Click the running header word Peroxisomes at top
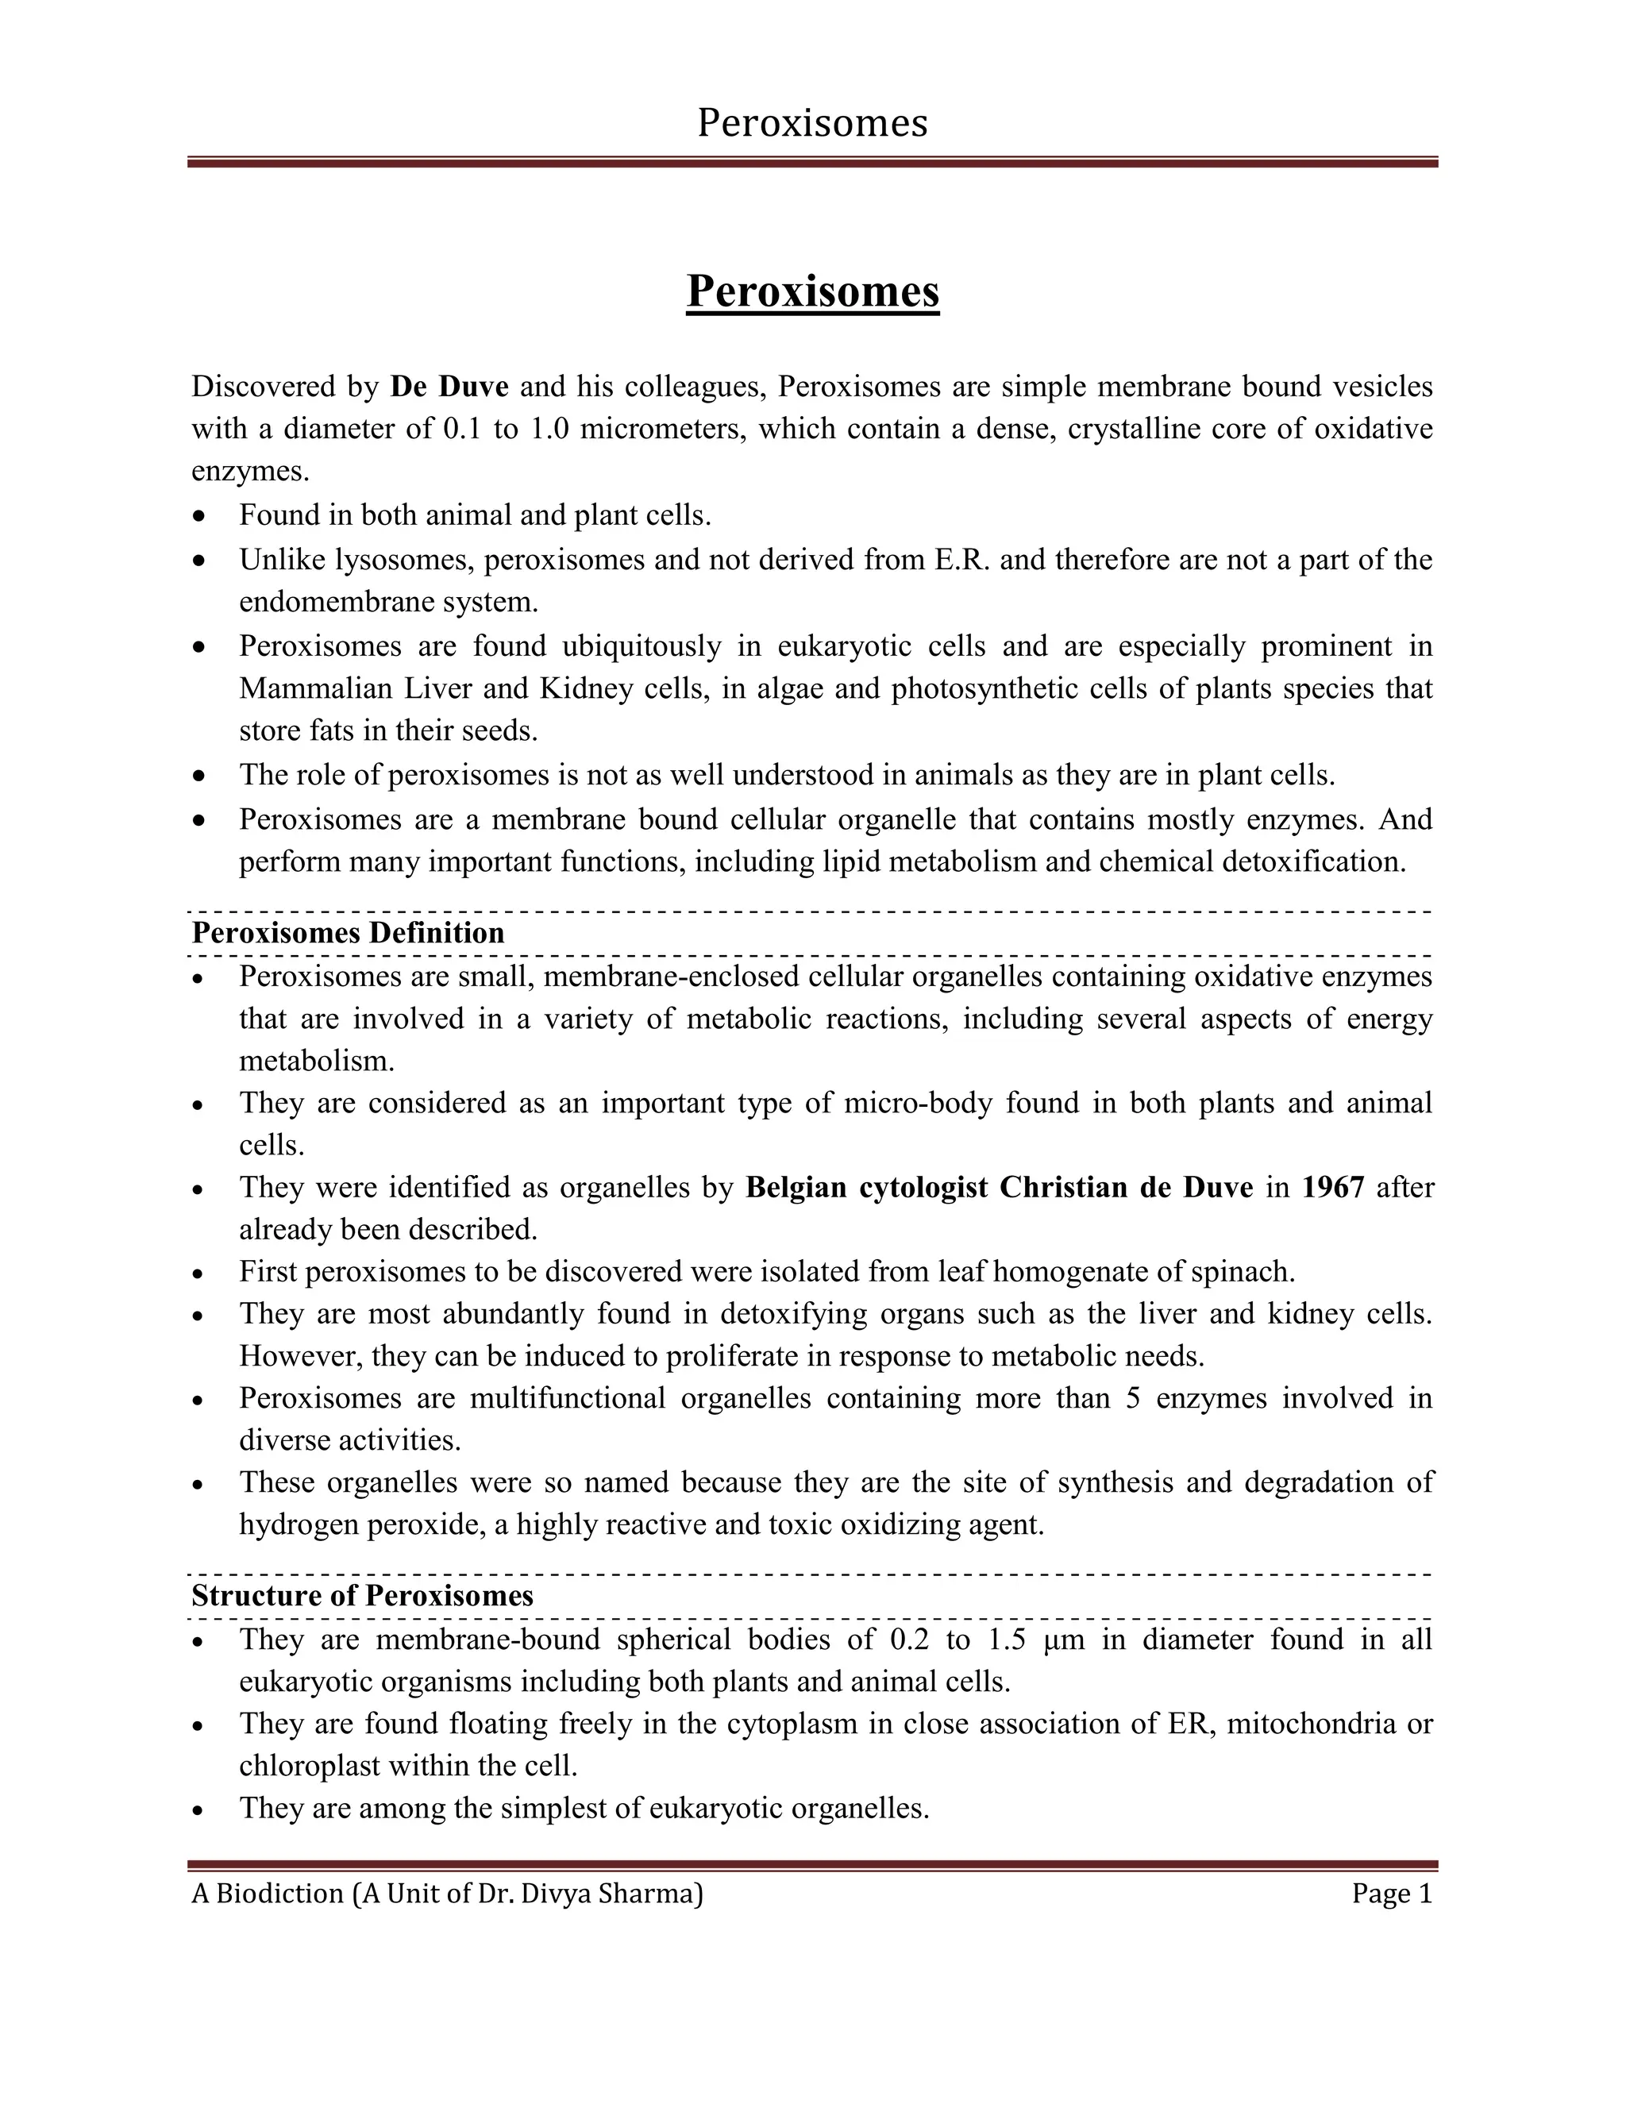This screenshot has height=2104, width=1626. [812, 123]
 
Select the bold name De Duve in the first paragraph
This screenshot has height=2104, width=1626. [449, 387]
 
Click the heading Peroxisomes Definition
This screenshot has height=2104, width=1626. [348, 933]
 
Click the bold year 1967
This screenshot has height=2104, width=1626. [1332, 1187]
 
